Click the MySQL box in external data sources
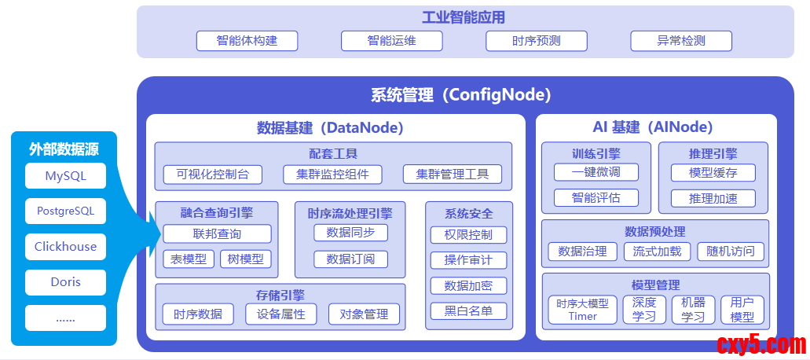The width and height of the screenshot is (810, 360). pyautogui.click(x=66, y=176)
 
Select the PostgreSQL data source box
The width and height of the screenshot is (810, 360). pyautogui.click(x=66, y=211)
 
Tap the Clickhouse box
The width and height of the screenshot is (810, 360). pyautogui.click(x=66, y=246)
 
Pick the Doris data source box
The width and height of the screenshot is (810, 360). pyautogui.click(x=66, y=282)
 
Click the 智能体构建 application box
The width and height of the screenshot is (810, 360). pyautogui.click(x=247, y=41)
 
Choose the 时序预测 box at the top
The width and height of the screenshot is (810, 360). pyautogui.click(x=537, y=41)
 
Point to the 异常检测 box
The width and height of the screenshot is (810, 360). pyautogui.click(x=681, y=41)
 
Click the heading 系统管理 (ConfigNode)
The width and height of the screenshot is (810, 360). pyautogui.click(x=461, y=95)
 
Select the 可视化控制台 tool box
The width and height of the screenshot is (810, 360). pyautogui.click(x=213, y=174)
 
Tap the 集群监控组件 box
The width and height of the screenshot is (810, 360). pyautogui.click(x=332, y=174)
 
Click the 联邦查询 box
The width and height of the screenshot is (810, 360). pyautogui.click(x=217, y=234)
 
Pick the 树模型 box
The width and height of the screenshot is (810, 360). pyautogui.click(x=245, y=259)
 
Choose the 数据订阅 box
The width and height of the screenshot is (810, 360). pyautogui.click(x=350, y=259)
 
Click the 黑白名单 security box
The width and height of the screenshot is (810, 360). pyautogui.click(x=468, y=311)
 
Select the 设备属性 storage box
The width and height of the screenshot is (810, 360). pyautogui.click(x=281, y=314)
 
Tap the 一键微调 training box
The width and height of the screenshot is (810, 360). pyautogui.click(x=596, y=172)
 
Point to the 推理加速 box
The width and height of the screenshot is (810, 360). pyautogui.click(x=713, y=198)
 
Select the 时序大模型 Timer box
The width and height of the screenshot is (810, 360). pyautogui.click(x=582, y=310)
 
